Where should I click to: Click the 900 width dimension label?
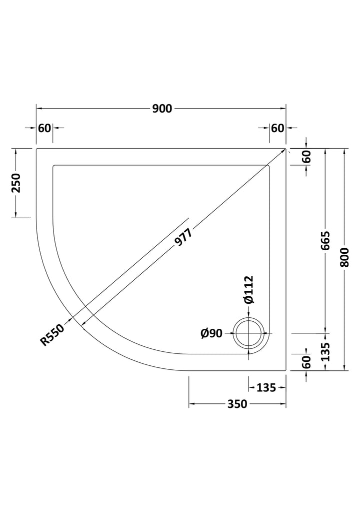pyautogui.click(x=162, y=109)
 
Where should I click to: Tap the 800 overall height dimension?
pyautogui.click(x=344, y=257)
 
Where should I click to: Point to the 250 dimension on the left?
pyautogui.click(x=16, y=183)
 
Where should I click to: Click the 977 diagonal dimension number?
pyautogui.click(x=183, y=236)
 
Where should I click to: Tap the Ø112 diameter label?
pyautogui.click(x=248, y=290)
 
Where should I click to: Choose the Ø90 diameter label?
pyautogui.click(x=211, y=333)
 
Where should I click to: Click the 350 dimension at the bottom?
pyautogui.click(x=237, y=404)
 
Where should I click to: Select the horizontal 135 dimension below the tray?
pyautogui.click(x=266, y=388)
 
